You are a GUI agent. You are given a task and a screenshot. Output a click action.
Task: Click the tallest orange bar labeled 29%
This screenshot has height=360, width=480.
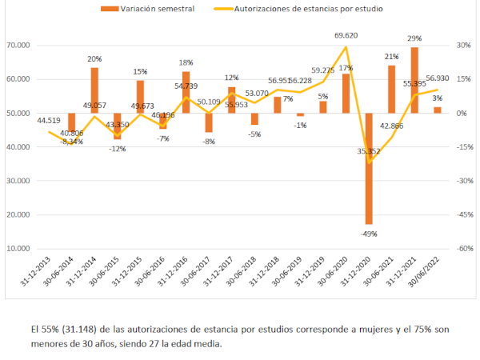pyautogui.click(x=414, y=80)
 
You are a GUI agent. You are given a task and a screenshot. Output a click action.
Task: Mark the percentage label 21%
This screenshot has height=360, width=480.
pyautogui.click(x=391, y=57)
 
